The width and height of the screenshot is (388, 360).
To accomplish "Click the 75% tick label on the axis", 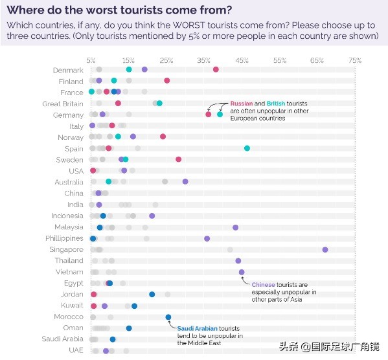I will [354, 60].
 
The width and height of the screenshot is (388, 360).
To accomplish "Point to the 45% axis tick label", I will [242, 60].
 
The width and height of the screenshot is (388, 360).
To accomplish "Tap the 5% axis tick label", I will [91, 60].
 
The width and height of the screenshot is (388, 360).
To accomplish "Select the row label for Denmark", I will [68, 70].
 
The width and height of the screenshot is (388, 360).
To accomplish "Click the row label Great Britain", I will [63, 104].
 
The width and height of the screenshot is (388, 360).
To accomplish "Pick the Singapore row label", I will [66, 249].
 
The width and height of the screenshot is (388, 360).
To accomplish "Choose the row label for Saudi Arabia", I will [62, 339].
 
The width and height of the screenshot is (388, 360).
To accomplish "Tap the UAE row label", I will [76, 350].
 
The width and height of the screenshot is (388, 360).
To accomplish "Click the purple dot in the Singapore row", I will [325, 249].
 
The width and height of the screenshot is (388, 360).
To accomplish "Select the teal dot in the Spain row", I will [247, 148].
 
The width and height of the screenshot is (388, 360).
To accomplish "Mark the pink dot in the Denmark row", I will [216, 69].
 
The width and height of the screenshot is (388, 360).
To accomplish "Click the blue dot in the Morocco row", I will [168, 317].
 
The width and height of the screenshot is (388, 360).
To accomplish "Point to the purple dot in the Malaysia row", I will [235, 227].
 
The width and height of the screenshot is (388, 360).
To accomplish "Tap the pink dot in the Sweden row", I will [179, 159].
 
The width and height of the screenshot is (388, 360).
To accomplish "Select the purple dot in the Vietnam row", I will [242, 272].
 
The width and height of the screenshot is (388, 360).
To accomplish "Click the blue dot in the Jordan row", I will [152, 294].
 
